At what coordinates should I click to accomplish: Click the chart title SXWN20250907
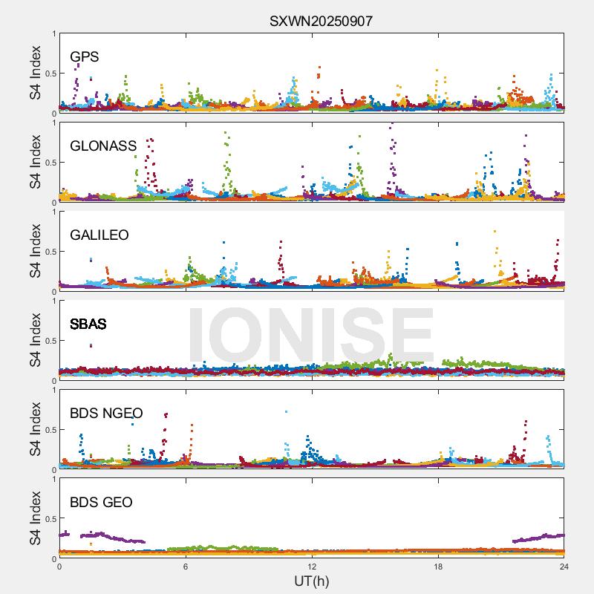click(321, 21)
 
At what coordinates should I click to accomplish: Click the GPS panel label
click(84, 56)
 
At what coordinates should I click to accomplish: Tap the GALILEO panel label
click(99, 235)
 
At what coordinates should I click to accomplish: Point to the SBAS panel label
click(88, 324)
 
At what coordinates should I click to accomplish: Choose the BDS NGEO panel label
click(106, 413)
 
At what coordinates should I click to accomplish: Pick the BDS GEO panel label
click(101, 503)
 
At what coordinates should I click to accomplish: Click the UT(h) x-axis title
click(311, 580)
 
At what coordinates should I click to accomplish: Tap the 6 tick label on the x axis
click(186, 566)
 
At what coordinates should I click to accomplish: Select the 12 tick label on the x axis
click(312, 566)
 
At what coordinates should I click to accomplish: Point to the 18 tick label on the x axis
click(438, 566)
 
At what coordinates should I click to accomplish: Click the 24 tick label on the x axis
click(564, 566)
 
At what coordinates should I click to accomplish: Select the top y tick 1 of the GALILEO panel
click(53, 212)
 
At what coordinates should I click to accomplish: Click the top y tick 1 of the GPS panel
click(53, 33)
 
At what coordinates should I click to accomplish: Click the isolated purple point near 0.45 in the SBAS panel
click(91, 345)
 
